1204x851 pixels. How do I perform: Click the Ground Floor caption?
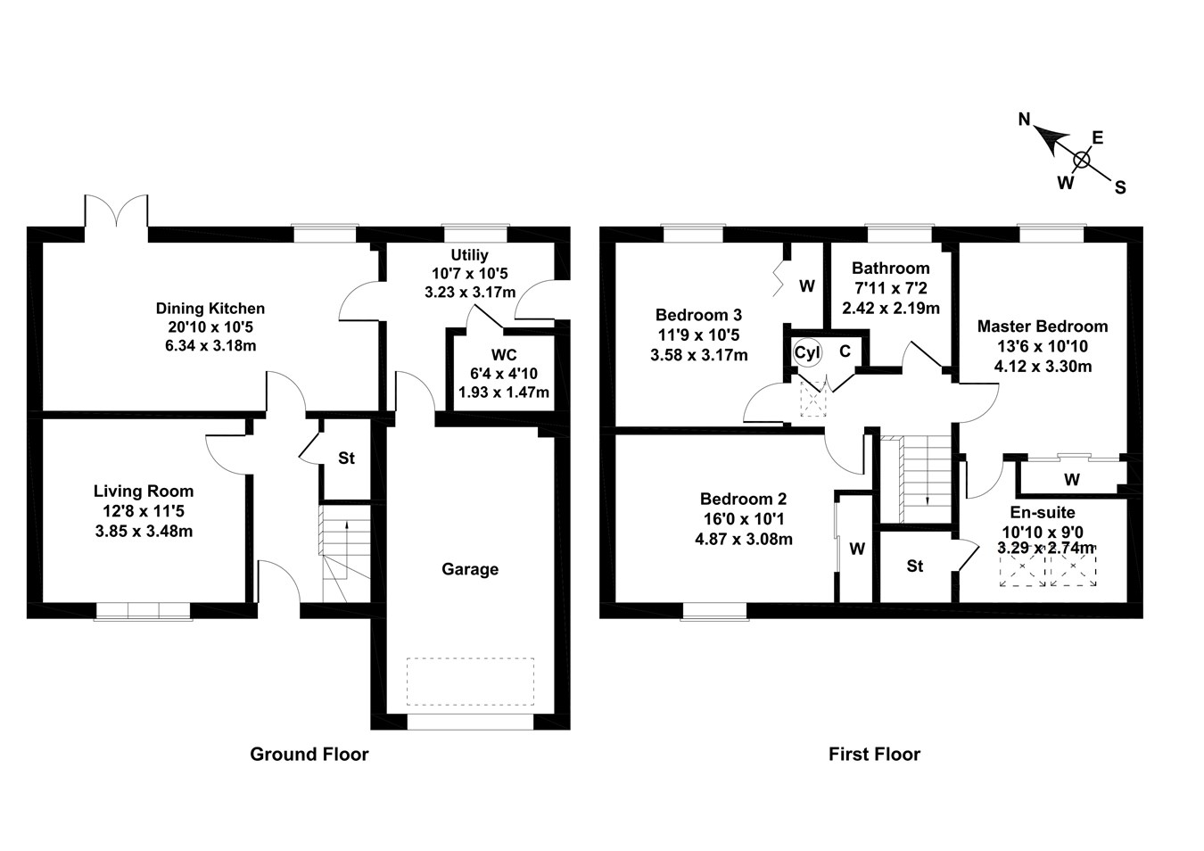click(309, 755)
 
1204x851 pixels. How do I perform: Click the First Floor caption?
click(874, 755)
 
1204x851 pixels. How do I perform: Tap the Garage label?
click(470, 569)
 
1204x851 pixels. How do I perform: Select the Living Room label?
click(144, 492)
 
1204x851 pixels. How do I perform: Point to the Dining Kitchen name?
click(210, 309)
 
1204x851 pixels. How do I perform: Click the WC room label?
click(504, 356)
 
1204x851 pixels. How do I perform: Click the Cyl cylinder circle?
click(807, 352)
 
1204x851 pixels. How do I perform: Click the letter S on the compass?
click(1120, 187)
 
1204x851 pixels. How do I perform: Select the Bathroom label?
click(890, 268)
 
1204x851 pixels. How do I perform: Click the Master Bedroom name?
click(1042, 326)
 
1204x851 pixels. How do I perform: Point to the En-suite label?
click(1042, 513)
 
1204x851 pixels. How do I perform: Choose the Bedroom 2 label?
click(743, 500)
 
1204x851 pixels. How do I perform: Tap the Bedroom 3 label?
click(698, 315)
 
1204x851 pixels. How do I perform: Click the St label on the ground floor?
click(346, 459)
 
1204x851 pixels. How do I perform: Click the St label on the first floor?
click(915, 566)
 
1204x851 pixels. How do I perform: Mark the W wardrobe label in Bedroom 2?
click(857, 549)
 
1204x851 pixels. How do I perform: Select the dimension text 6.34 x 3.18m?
click(210, 345)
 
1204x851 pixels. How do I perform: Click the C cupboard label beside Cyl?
click(845, 351)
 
